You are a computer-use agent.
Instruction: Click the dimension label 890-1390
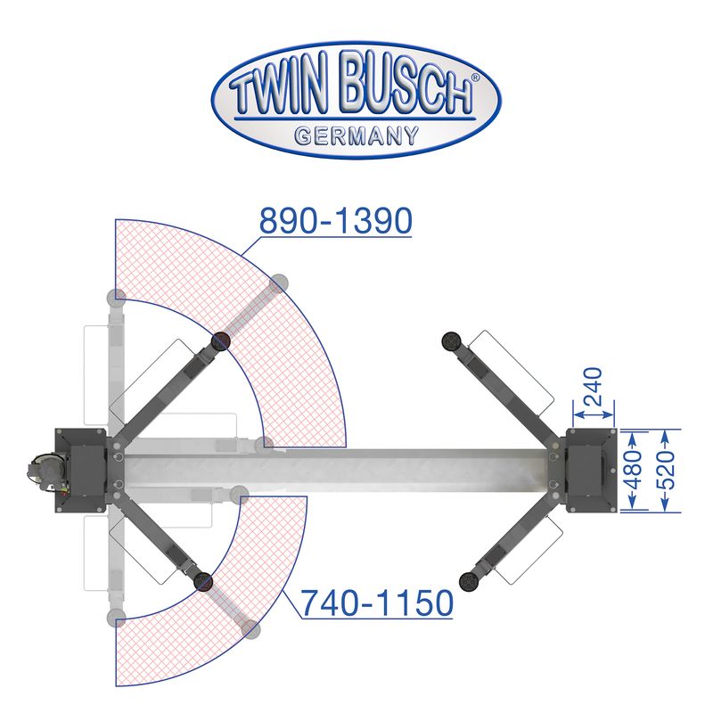coord(336,220)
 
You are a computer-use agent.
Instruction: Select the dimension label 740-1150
coord(377,603)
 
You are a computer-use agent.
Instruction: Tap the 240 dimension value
coord(593,387)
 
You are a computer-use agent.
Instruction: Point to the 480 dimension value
coord(634,471)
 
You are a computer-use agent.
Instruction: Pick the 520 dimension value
coord(666,471)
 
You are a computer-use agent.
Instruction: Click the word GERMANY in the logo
coord(356,135)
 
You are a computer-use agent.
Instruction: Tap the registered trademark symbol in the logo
coord(476,78)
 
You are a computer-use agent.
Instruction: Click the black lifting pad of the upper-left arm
coord(221,341)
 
